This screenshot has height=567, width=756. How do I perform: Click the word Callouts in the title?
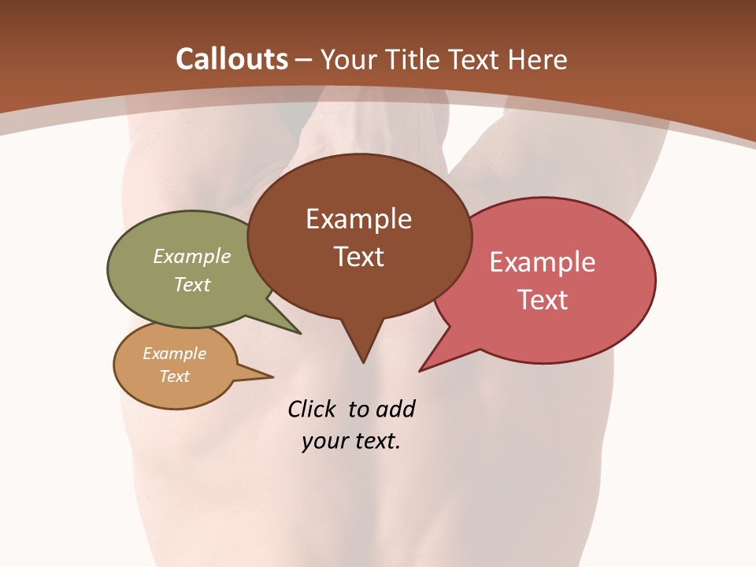point(232,59)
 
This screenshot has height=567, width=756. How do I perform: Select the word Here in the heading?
point(538,59)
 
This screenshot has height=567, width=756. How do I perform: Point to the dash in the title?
point(303,60)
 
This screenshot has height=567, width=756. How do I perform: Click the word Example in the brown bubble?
point(358,219)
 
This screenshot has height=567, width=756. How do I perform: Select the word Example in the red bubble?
point(543,262)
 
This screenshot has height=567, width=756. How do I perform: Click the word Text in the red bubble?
point(543,300)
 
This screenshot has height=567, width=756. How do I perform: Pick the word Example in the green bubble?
point(192,257)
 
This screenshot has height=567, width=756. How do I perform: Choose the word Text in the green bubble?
point(192,285)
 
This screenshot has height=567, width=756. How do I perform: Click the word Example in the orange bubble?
point(174,354)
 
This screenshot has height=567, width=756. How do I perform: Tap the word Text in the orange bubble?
point(174,376)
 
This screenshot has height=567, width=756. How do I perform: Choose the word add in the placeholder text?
point(395,409)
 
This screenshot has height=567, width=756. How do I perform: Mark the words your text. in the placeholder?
point(351,441)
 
